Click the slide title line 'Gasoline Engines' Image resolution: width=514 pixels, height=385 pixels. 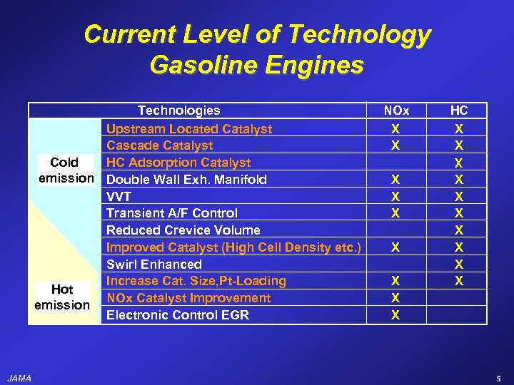pos(257,65)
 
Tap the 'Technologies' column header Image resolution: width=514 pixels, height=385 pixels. pos(178,111)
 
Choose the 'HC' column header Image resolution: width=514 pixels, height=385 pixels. pos(459,111)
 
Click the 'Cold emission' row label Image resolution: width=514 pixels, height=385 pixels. pos(64,170)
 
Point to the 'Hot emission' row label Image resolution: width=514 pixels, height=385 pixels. pos(62,297)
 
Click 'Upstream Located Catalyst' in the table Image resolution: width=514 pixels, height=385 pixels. pos(189,129)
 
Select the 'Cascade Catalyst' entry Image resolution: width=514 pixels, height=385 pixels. pos(160,145)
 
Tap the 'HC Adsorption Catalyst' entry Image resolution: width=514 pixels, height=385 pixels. pos(178,163)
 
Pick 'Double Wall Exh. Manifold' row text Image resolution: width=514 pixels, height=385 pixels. pos(186,179)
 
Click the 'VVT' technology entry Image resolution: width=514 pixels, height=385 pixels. pos(119,196)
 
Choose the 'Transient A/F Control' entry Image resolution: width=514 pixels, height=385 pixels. pos(172,212)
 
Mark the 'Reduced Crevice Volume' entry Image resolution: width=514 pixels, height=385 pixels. pos(183,230)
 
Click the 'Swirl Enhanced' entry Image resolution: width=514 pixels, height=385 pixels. pos(154,264)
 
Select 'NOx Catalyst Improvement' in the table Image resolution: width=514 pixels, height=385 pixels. pos(188,298)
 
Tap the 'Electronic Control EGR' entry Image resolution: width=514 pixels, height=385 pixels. pos(178,314)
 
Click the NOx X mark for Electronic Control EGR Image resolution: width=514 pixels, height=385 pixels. pos(395,314)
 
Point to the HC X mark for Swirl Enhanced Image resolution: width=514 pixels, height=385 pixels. pos(459,264)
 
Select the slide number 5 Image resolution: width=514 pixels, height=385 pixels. pos(498,378)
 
